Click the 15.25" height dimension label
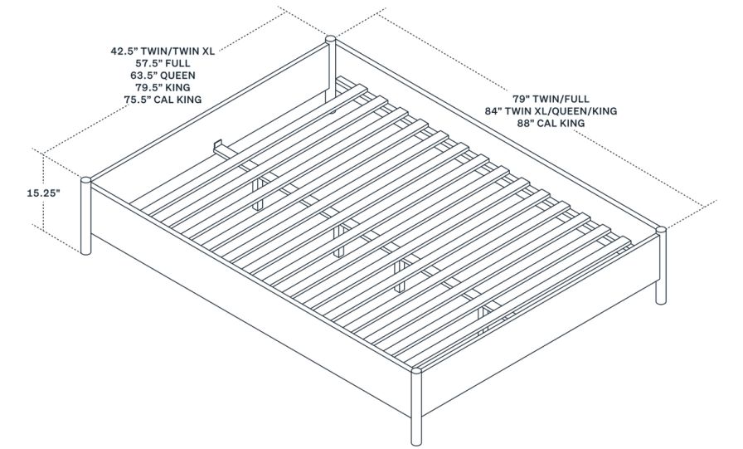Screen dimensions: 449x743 coord(21,192)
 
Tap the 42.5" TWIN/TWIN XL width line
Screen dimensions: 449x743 coord(163,50)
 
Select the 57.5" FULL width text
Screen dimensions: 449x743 coord(163,62)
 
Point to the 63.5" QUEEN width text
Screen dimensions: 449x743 coord(163,75)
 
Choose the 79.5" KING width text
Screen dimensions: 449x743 coord(163,87)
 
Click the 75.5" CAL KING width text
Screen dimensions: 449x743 coord(163,100)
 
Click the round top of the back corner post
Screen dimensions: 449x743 coord(331,38)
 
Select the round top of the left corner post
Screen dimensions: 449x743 coord(85,178)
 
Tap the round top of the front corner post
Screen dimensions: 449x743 coord(415,371)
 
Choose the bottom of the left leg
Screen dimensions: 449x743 coord(85,251)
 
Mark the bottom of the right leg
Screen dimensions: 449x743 coord(661,301)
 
